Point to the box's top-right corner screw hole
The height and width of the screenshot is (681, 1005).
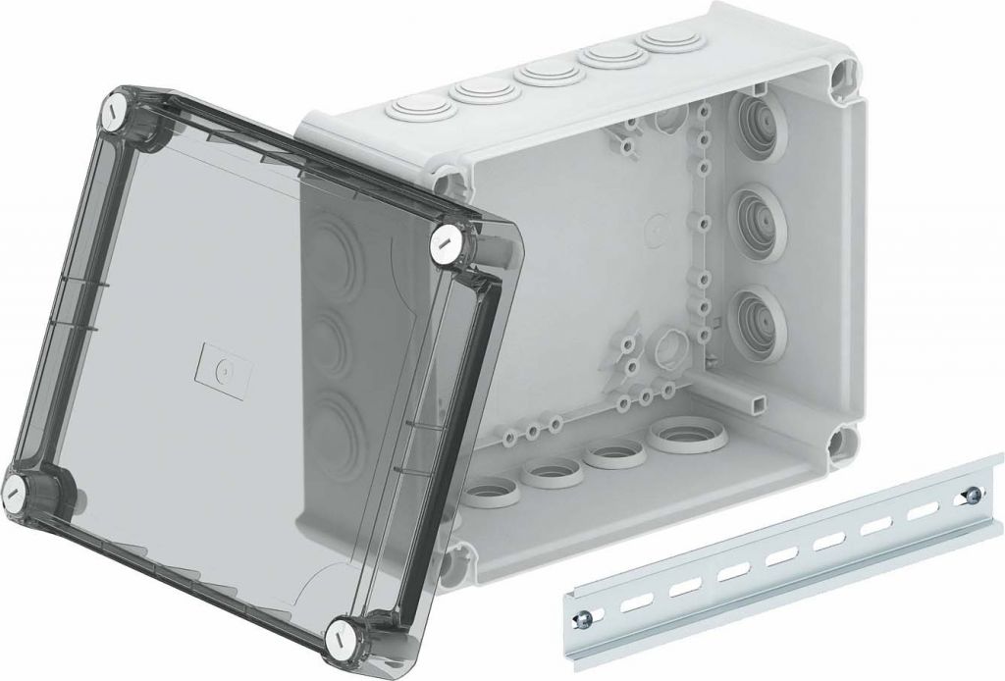pos(844,76)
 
